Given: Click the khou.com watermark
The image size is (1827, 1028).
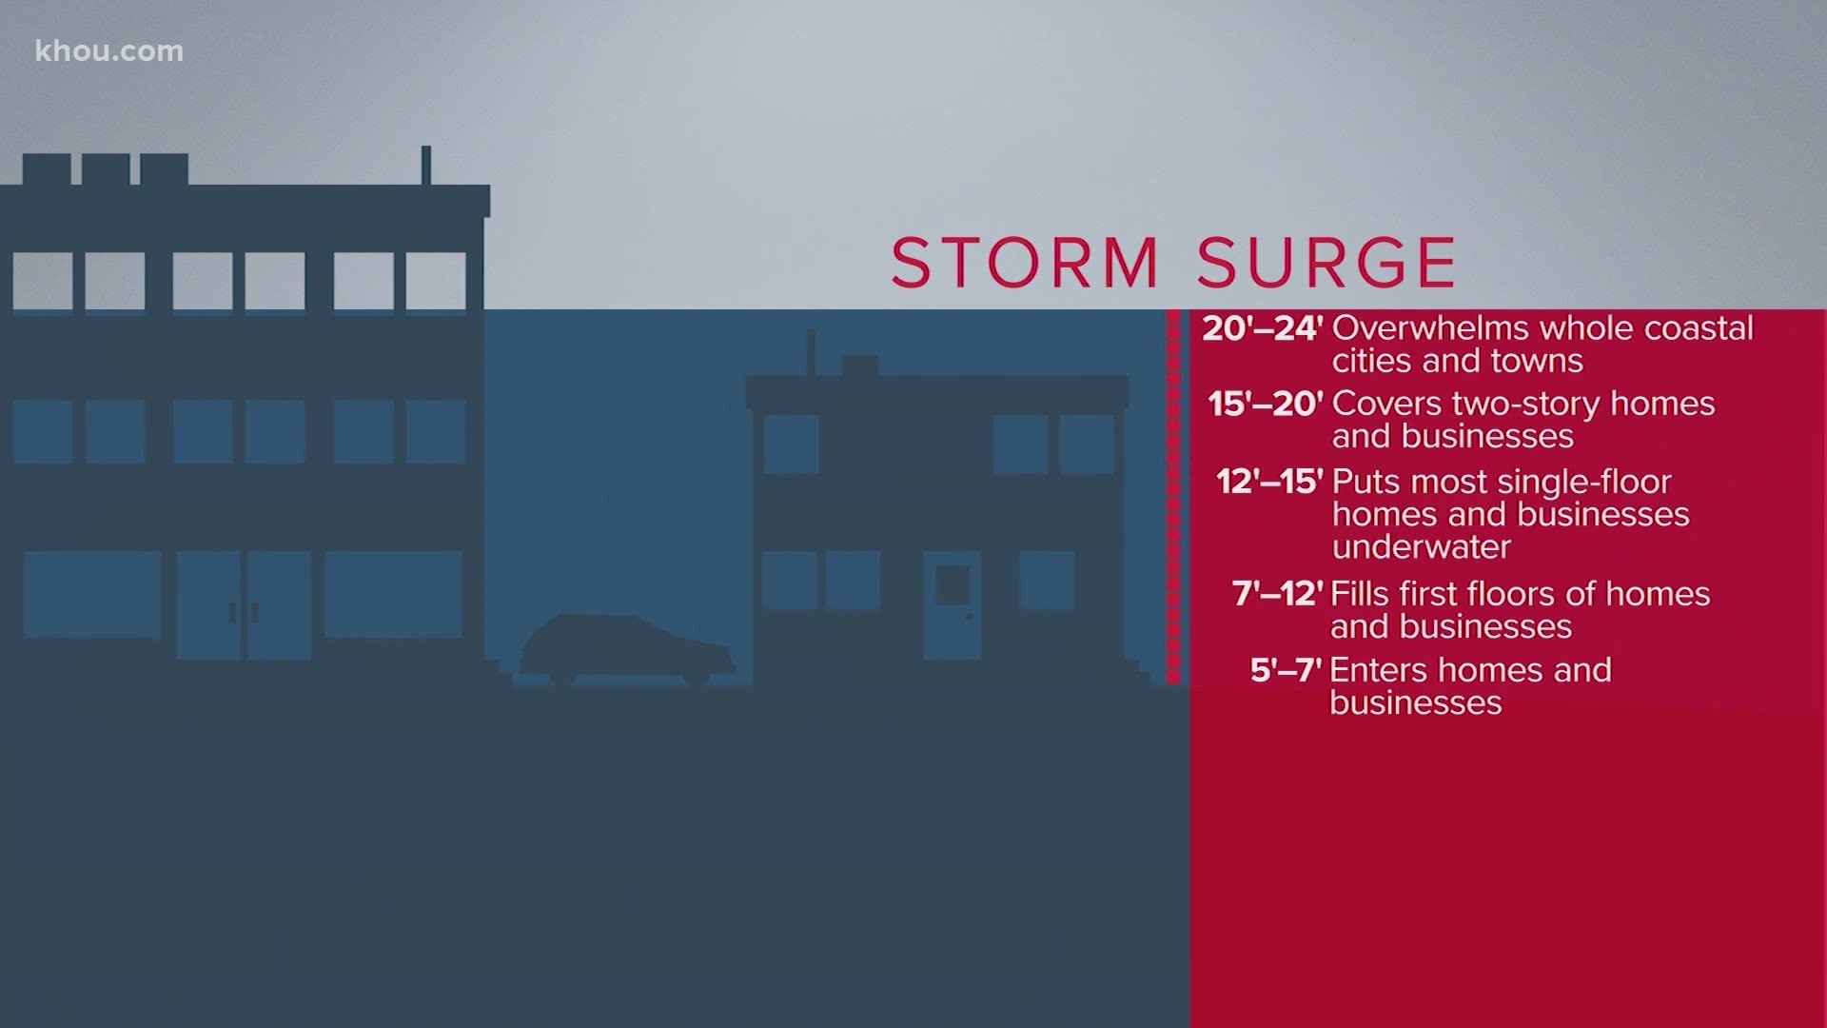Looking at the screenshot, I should (109, 51).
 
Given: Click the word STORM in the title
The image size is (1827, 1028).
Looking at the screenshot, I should (1025, 263).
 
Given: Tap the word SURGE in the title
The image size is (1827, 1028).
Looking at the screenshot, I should (1326, 263).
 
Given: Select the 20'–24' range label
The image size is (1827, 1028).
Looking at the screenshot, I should (1263, 329).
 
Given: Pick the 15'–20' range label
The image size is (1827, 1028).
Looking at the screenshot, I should (1266, 405).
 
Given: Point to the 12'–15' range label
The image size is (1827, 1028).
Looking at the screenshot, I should (1269, 483).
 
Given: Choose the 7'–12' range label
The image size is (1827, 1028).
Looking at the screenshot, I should (1277, 595).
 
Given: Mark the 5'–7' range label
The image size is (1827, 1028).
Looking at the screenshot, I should (1286, 671).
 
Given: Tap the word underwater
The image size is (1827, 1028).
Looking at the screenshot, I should (1407, 547).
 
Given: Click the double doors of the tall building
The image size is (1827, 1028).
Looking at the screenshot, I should (244, 604).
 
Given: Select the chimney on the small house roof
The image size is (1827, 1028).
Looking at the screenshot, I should (860, 366).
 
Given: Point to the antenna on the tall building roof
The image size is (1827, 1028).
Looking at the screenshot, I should (426, 166).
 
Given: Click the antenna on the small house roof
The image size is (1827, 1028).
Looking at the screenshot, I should (811, 352).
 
